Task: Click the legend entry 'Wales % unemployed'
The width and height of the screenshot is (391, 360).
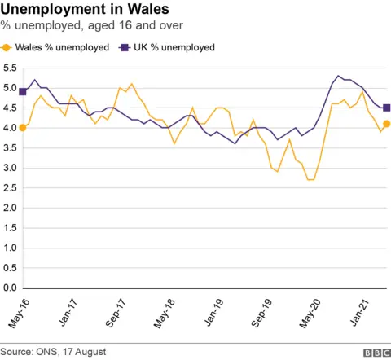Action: pyautogui.click(x=56, y=47)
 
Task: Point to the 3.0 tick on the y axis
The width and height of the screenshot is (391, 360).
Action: pyautogui.click(x=9, y=168)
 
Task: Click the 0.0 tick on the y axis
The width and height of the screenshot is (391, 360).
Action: pyautogui.click(x=9, y=288)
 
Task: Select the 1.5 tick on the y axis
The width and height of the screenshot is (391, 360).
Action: pyautogui.click(x=9, y=227)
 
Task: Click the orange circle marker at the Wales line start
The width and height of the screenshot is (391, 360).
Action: pyautogui.click(x=23, y=128)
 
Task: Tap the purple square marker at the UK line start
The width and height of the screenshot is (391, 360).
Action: pyautogui.click(x=23, y=92)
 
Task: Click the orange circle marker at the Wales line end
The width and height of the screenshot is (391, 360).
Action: pyautogui.click(x=387, y=124)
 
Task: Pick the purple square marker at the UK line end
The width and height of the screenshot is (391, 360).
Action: pyautogui.click(x=387, y=108)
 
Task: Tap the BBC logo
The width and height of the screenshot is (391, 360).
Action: pyautogui.click(x=375, y=352)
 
